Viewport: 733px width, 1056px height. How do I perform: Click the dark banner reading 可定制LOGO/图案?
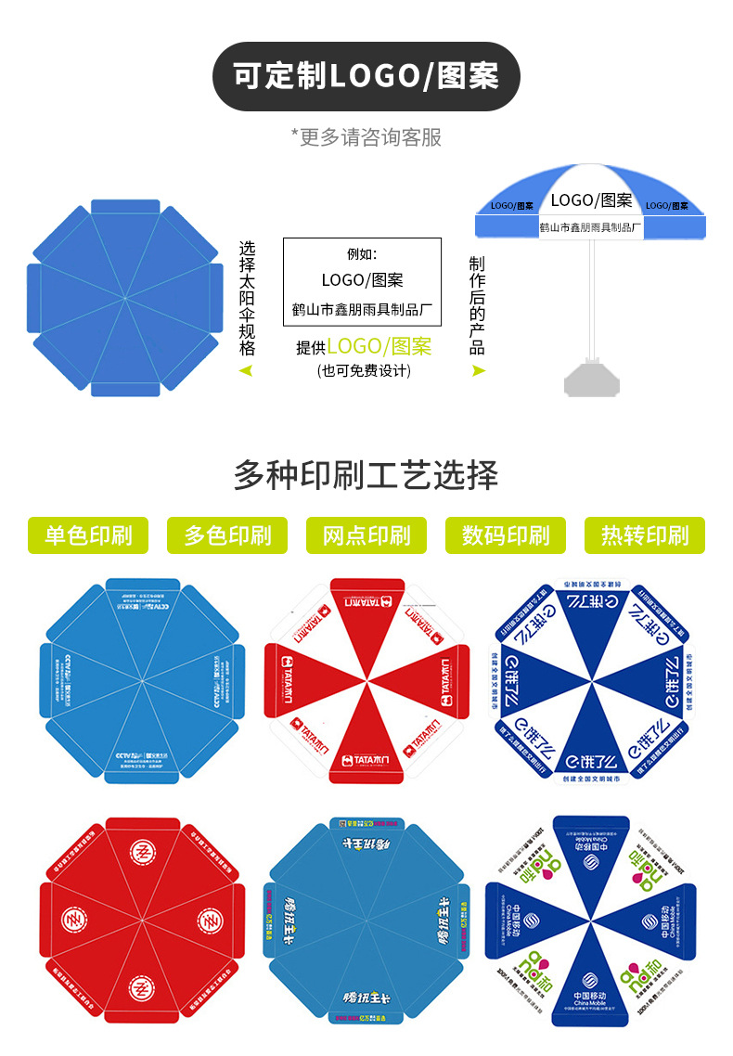pos(366,76)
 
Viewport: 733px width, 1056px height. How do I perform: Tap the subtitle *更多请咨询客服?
pos(366,137)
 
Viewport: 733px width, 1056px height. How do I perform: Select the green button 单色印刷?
pos(88,535)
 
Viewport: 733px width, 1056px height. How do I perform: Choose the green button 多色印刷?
pos(227,535)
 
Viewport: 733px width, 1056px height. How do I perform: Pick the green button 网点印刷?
pos(366,535)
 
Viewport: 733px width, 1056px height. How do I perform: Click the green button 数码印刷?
pos(506,535)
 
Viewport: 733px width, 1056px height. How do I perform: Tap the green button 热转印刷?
pos(645,535)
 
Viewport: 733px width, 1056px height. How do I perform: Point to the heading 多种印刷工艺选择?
pos(366,475)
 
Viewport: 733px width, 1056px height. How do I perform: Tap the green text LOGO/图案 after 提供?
pos(379,346)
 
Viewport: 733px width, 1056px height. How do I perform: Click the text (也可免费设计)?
pos(364,370)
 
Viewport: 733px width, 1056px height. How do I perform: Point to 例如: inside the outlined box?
pos(363,253)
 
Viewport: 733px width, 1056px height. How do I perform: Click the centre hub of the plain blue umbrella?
pos(125,297)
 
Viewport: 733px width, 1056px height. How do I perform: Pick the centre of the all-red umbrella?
pos(141,919)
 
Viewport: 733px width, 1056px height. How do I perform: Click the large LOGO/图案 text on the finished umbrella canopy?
pos(591,200)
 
